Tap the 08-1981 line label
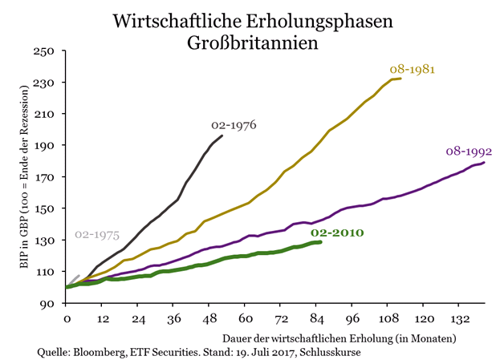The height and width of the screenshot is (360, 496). (413, 69)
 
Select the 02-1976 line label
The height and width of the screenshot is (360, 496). (234, 125)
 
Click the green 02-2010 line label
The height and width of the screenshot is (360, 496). (338, 233)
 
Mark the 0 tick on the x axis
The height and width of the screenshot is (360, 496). (67, 319)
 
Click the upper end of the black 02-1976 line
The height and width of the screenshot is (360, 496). (222, 136)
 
